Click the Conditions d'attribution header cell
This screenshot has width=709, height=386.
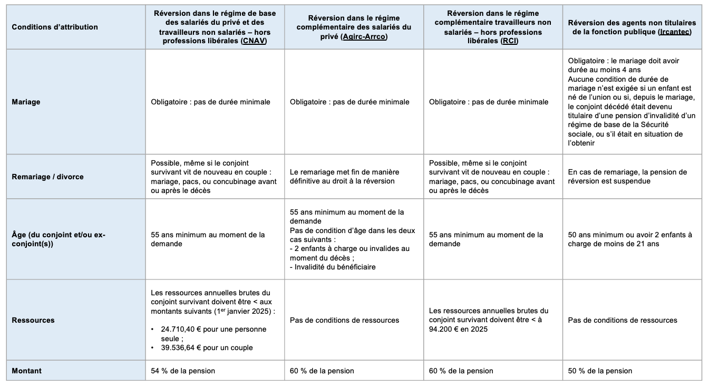tap(55, 27)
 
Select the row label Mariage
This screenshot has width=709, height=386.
tap(26, 102)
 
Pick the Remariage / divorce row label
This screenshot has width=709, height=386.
tap(47, 177)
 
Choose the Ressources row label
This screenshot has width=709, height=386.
tap(33, 320)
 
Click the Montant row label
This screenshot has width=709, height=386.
tap(26, 371)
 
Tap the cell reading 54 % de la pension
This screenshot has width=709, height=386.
tap(183, 371)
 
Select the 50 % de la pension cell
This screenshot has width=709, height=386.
tap(600, 371)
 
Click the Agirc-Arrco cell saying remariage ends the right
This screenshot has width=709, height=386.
tap(344, 177)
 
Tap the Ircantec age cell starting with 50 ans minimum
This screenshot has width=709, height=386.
tap(630, 239)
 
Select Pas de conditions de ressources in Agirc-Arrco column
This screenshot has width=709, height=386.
tap(344, 320)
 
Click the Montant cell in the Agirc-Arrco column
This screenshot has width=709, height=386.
tap(322, 371)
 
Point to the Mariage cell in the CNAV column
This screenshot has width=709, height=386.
tap(210, 102)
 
